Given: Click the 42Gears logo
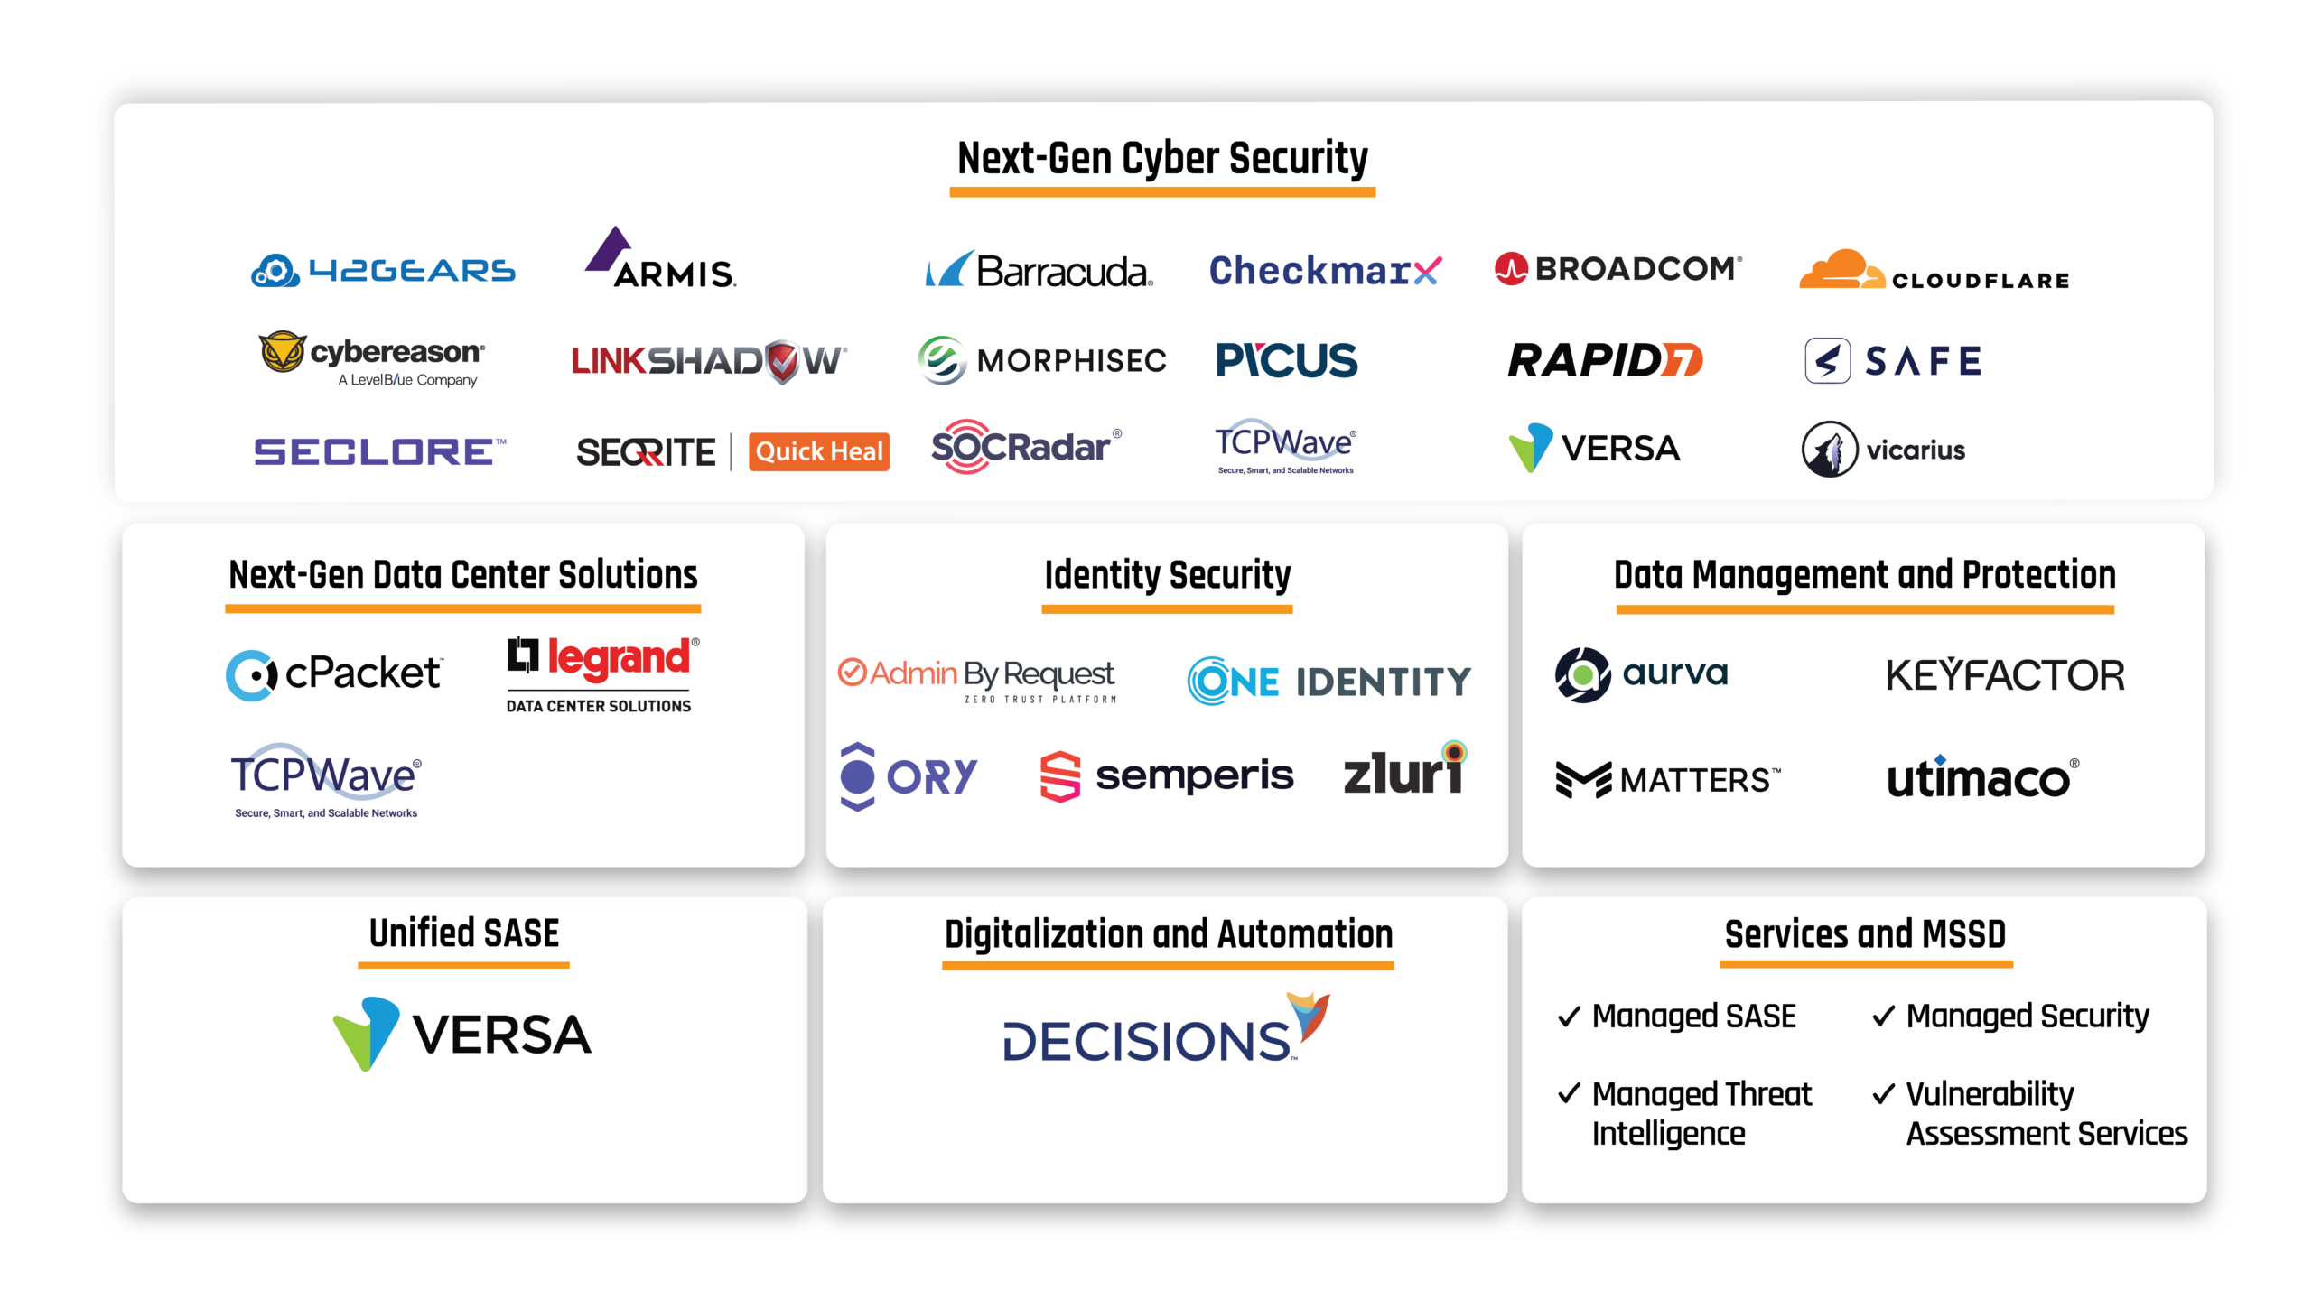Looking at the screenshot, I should (383, 271).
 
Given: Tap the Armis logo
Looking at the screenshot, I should (661, 259).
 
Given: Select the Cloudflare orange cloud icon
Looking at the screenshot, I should (1841, 270).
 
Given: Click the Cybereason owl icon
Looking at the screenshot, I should (282, 352).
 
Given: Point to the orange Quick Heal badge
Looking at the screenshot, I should (818, 451).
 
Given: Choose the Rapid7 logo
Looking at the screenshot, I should (1605, 360).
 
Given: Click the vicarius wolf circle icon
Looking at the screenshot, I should (1829, 449).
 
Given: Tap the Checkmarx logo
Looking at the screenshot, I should (1325, 270).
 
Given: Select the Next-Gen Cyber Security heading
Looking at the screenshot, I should (1162, 159).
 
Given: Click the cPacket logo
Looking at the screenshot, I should (334, 674).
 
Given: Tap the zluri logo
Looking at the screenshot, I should (1405, 771).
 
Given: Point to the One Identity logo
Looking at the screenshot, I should (1328, 682).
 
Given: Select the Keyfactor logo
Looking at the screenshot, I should (2005, 675).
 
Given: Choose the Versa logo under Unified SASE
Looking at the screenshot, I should (462, 1034).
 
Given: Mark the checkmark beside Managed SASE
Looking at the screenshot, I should (1569, 1017).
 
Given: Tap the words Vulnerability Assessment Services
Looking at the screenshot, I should (2046, 1113).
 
